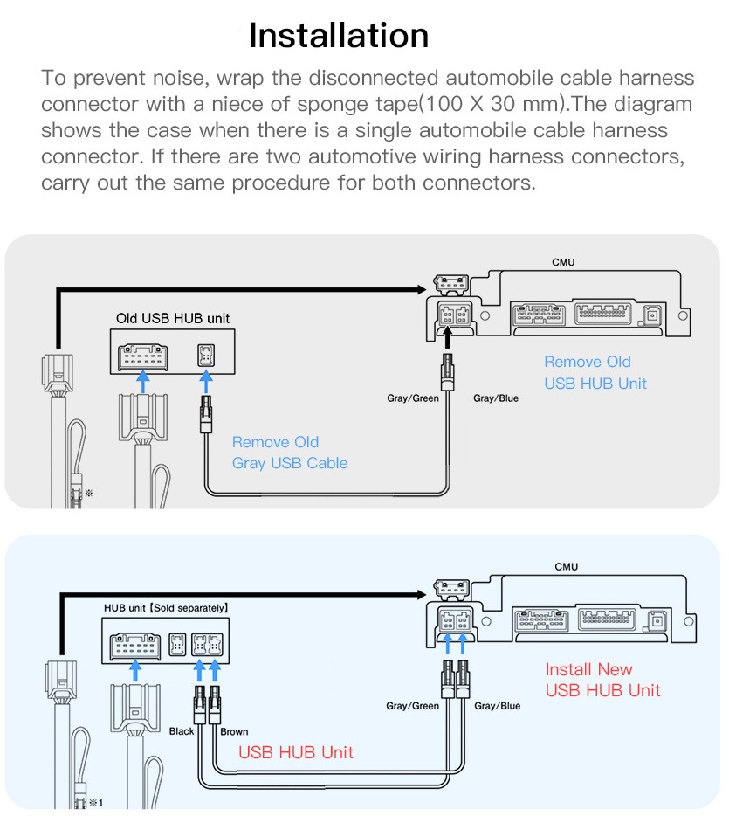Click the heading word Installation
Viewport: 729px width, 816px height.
[x=339, y=36]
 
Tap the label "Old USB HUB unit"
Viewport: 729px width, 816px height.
[x=173, y=318]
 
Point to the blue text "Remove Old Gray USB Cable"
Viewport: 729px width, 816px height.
[x=289, y=453]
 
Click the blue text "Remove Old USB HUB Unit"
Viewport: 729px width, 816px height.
[x=595, y=372]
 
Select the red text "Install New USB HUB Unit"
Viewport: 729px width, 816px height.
[x=602, y=680]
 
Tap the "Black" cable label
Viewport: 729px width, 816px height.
[x=182, y=731]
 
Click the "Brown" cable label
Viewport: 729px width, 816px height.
[x=234, y=731]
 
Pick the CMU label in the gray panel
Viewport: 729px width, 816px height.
[x=563, y=262]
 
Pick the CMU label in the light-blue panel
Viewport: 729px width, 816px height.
[x=566, y=567]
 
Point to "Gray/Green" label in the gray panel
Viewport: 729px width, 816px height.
[x=413, y=398]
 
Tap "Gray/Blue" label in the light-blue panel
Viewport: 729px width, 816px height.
[x=497, y=705]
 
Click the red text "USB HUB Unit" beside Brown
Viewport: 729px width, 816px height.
[x=296, y=752]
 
